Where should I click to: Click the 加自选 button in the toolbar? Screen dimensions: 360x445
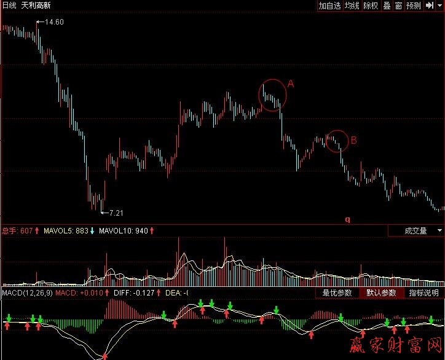(x=329, y=6)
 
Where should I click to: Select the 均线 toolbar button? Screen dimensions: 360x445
(x=352, y=6)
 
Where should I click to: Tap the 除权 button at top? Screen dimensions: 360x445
(x=371, y=6)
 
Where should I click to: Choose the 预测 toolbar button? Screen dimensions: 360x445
(x=414, y=6)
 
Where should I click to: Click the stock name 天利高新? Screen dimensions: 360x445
(x=36, y=6)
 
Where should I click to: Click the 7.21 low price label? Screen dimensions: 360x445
(x=116, y=213)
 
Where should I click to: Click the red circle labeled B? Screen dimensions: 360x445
(x=337, y=141)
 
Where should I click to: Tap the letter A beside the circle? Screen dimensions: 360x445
(x=291, y=84)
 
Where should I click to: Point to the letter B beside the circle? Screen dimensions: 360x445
(x=353, y=140)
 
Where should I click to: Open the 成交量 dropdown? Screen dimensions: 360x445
(x=416, y=231)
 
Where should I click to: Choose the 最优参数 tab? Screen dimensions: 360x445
(x=337, y=293)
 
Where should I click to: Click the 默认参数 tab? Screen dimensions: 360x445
(x=380, y=293)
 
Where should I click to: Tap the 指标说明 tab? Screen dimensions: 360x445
(x=424, y=293)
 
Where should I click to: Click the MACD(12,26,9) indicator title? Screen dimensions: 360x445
(x=26, y=293)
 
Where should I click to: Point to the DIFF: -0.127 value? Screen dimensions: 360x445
(x=135, y=293)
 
